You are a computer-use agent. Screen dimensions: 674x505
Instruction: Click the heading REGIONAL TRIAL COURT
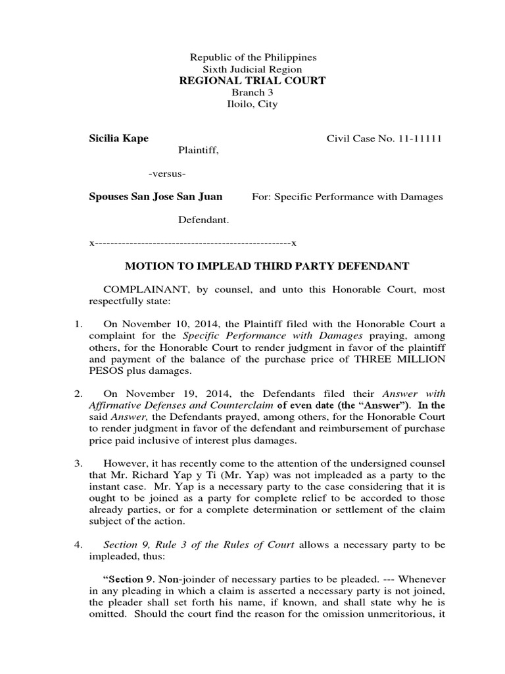[253, 81]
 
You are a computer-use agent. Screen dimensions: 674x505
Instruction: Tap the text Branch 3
[252, 93]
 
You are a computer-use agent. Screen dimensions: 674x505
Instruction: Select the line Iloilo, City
[252, 105]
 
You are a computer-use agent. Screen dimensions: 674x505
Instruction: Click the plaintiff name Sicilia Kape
[118, 139]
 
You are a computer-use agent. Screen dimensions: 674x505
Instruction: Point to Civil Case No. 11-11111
[384, 139]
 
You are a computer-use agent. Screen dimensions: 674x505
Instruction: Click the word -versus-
[167, 174]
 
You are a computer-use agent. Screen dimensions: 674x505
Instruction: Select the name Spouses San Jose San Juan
[155, 196]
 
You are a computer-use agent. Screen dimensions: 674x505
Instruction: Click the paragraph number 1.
[77, 324]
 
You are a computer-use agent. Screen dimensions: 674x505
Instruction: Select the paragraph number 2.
[77, 394]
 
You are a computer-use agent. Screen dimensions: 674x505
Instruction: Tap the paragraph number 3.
[77, 463]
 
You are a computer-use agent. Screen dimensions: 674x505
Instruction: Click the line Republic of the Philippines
[253, 58]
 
